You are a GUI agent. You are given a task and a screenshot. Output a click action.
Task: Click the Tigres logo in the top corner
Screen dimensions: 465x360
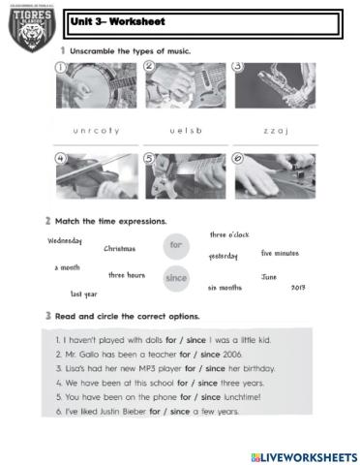point(31,28)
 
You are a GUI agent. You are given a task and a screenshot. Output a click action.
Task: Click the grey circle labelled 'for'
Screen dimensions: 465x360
point(175,245)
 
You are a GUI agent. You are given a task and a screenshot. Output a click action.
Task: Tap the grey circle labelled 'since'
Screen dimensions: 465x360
point(176,278)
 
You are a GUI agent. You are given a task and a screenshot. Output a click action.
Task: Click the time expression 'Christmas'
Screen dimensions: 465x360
point(120,249)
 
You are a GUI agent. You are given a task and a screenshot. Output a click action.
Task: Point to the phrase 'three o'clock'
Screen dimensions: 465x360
point(229,234)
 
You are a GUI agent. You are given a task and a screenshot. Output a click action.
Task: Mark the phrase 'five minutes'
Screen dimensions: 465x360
point(280,253)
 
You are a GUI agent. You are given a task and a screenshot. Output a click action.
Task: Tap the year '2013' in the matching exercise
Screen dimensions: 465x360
point(298,288)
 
